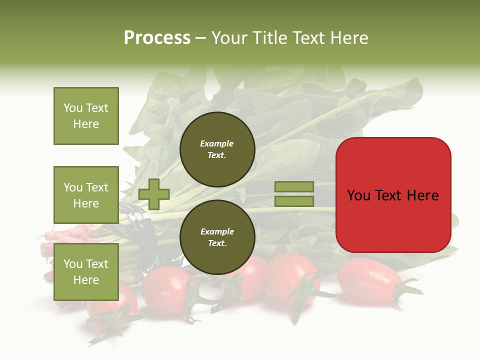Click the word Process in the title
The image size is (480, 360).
[157, 38]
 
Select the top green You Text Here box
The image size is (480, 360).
[86, 116]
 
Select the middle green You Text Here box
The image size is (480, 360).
[86, 195]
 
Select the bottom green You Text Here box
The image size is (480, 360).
[86, 271]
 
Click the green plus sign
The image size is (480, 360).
[154, 194]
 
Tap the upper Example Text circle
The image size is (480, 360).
[217, 149]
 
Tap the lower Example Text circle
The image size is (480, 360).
[217, 237]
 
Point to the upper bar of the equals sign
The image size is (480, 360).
[294, 186]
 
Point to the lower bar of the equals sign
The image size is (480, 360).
[294, 201]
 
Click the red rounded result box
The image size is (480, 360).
[393, 195]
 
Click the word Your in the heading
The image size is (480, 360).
[230, 38]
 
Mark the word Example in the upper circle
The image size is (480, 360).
[217, 144]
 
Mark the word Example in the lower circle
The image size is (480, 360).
[217, 232]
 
